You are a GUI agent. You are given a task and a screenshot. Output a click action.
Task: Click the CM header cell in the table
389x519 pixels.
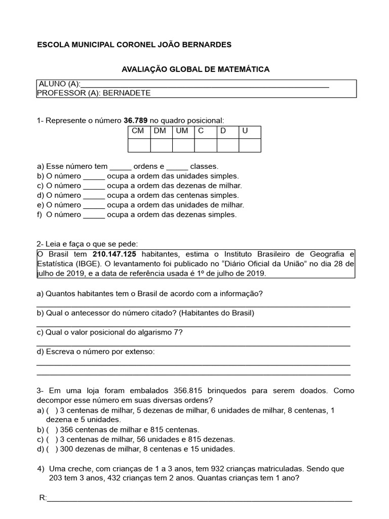point(138,131)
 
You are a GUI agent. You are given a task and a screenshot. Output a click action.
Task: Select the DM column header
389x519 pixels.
point(160,131)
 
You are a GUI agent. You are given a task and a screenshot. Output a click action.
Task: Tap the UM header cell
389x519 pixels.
point(182,131)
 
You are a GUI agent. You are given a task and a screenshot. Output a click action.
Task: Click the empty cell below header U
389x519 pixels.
point(250,145)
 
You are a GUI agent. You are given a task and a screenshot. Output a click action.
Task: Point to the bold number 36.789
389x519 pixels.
point(136,120)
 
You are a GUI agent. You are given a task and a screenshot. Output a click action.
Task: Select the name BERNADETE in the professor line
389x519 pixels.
point(127,93)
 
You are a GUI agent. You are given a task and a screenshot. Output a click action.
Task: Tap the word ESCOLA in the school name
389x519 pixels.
point(52,45)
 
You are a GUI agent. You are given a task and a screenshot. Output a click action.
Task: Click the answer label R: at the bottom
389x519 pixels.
point(43,498)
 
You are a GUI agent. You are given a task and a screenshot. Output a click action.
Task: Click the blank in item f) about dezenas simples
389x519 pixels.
point(94,214)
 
